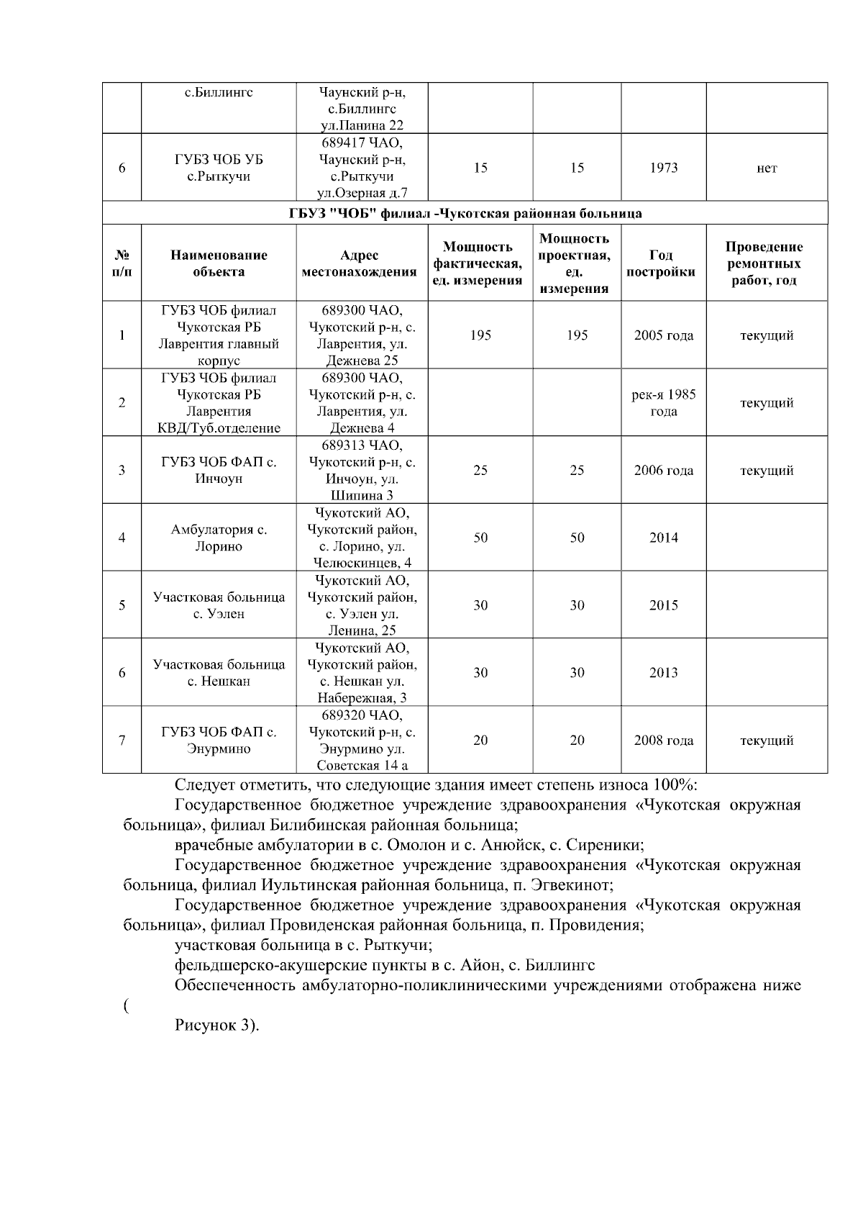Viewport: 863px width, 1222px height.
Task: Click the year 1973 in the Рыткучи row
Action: click(x=663, y=168)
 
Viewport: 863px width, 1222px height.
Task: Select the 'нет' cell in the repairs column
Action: click(x=767, y=168)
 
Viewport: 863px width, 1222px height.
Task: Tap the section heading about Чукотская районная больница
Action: click(x=465, y=214)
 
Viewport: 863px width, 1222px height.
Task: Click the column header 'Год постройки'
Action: click(x=663, y=263)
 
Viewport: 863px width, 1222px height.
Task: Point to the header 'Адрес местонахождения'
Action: click(x=362, y=263)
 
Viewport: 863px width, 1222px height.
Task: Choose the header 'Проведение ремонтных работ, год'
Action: click(x=767, y=263)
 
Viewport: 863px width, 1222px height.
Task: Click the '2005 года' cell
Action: click(x=663, y=335)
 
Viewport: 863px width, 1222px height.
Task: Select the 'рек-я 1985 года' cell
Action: click(x=663, y=403)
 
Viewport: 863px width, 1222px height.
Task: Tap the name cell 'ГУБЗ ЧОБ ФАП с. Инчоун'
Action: click(x=219, y=471)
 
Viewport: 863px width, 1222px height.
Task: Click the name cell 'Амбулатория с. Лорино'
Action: click(x=219, y=538)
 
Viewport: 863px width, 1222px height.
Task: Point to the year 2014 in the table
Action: click(x=663, y=538)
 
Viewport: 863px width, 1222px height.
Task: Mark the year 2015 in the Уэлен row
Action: click(x=663, y=605)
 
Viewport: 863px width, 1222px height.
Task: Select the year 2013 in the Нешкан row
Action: click(x=663, y=673)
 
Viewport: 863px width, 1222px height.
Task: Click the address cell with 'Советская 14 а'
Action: click(x=362, y=741)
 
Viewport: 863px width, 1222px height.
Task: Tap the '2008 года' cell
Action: click(x=663, y=741)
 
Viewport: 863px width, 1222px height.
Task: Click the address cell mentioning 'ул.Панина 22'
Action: click(x=362, y=109)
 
